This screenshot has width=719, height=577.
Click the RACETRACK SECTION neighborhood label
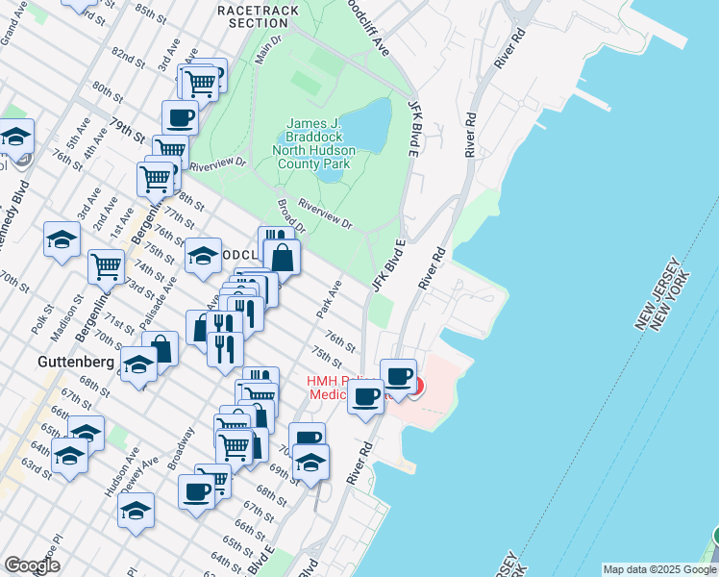(x=259, y=15)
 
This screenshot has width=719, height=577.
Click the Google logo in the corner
(x=31, y=565)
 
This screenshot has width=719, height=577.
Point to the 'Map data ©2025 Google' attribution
(x=658, y=569)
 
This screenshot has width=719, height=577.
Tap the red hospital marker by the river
(x=414, y=387)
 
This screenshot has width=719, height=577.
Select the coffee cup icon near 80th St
(x=181, y=118)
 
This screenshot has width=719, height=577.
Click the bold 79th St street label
(x=126, y=127)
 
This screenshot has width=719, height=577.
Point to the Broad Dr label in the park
(x=289, y=215)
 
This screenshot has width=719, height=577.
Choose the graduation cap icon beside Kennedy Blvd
(x=15, y=139)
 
